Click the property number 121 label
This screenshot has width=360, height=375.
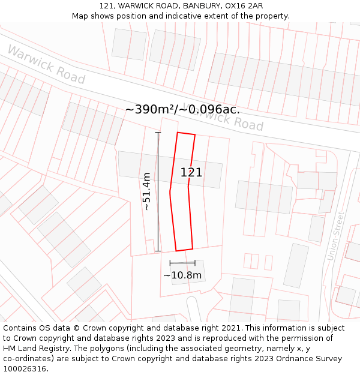(191, 173)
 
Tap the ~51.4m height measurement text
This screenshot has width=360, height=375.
(146, 191)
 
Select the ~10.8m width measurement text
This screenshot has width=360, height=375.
(182, 275)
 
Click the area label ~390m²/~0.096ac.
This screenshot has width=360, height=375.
(182, 110)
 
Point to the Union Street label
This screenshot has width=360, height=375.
(336, 236)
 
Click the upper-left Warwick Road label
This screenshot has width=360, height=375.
(46, 64)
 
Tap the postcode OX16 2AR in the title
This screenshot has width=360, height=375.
(244, 6)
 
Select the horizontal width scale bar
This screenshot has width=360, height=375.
(182, 263)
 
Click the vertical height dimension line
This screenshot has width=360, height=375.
(158, 191)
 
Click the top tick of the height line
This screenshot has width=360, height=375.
(158, 133)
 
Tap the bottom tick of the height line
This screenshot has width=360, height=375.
(158, 251)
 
